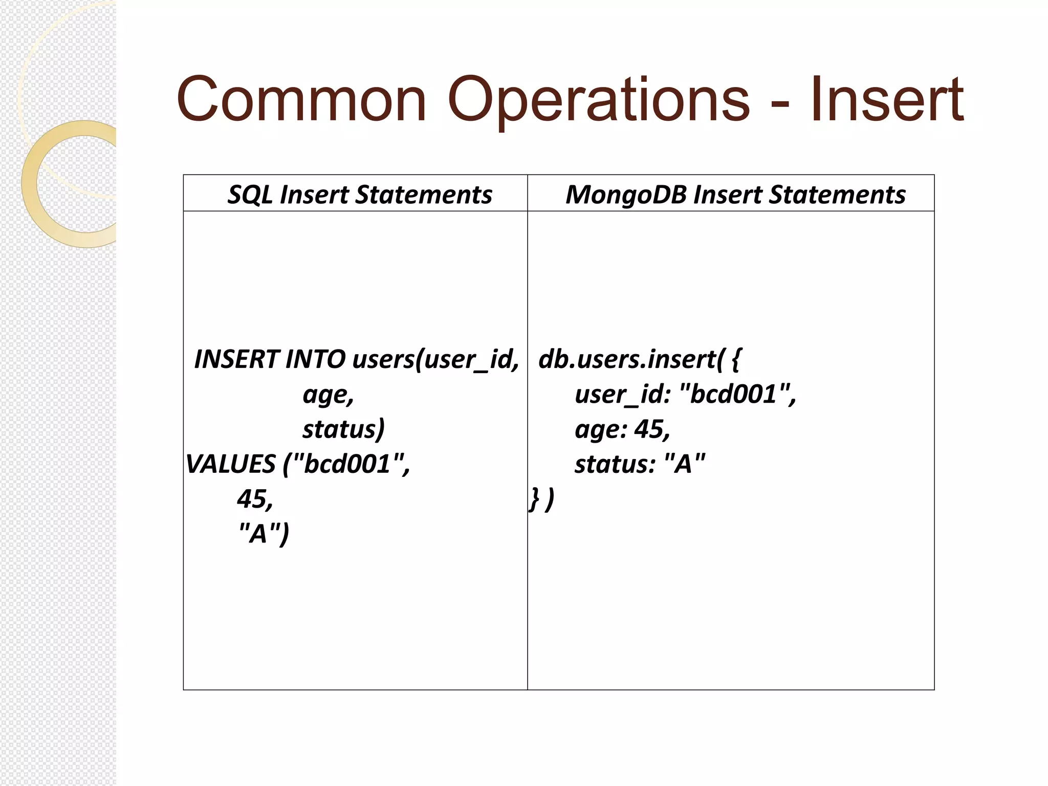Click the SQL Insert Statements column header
[x=359, y=194]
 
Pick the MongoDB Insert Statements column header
[x=735, y=194]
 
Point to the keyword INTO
[x=315, y=359]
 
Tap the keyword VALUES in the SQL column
[x=231, y=464]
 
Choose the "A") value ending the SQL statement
[x=264, y=534]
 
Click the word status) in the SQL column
[x=343, y=429]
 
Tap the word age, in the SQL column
[x=328, y=395]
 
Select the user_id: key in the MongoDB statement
[x=622, y=395]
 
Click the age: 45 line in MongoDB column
[x=622, y=429]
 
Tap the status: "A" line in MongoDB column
[x=640, y=464]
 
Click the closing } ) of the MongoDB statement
[x=541, y=499]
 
